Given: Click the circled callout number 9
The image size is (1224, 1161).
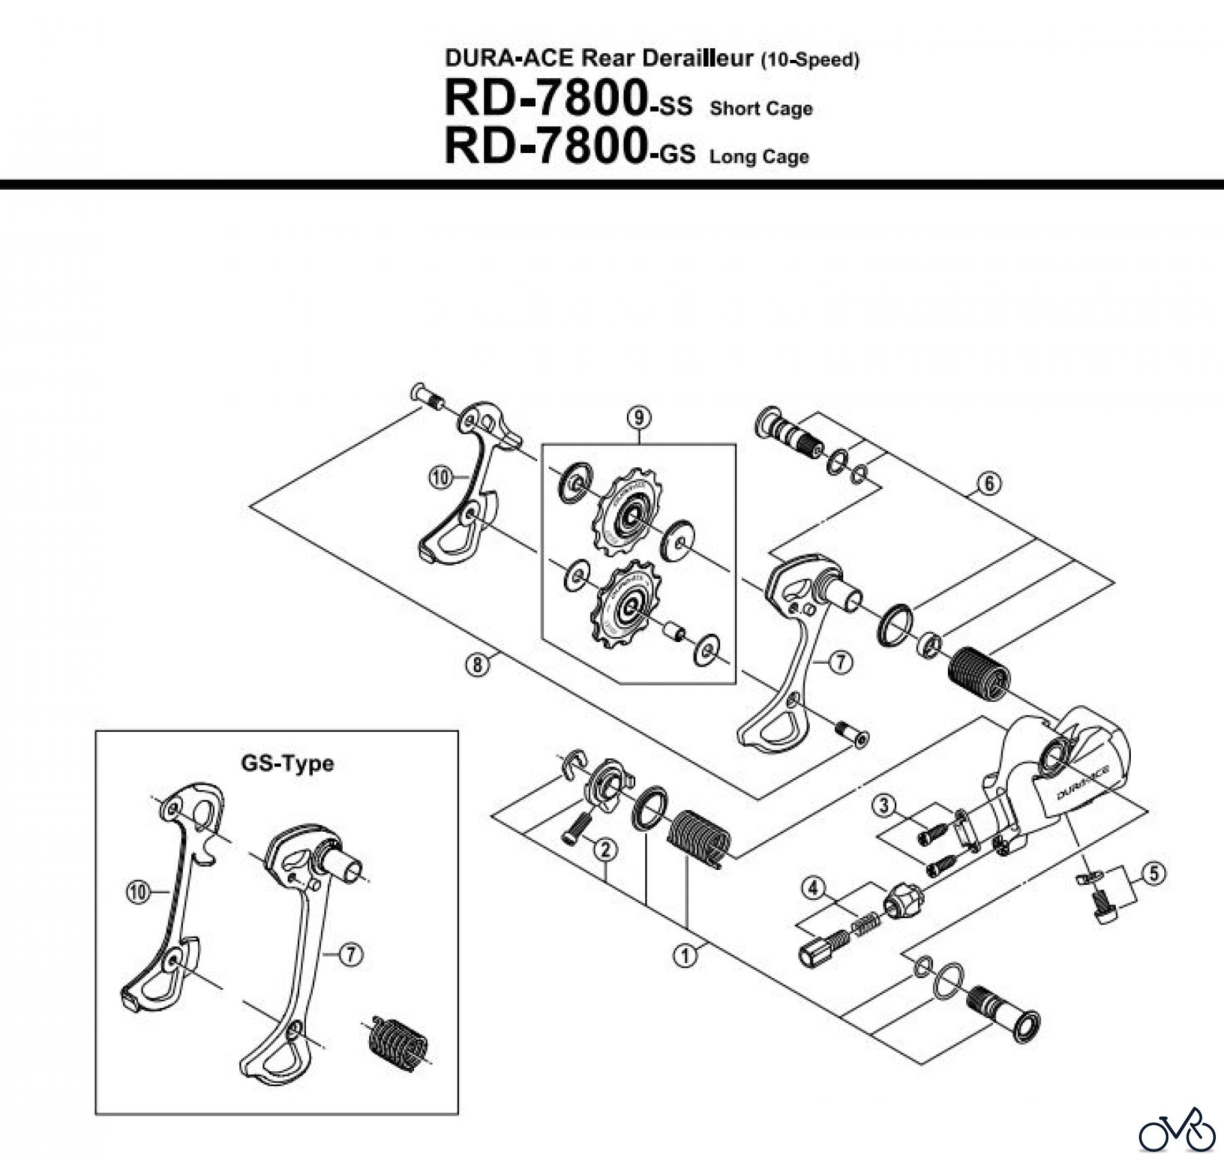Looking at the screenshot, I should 639,417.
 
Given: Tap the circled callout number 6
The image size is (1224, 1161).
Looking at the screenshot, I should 989,484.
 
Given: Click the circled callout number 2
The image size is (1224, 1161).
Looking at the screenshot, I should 605,849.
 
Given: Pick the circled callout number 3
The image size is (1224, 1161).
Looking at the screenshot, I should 883,807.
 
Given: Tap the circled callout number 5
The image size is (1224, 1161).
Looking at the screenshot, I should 1154,873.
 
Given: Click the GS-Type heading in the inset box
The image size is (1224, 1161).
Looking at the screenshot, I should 287,763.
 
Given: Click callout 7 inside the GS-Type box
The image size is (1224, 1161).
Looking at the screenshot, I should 350,955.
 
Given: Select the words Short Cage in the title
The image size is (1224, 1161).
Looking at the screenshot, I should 761,109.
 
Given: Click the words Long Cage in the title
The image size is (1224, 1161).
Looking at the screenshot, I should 759,157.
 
